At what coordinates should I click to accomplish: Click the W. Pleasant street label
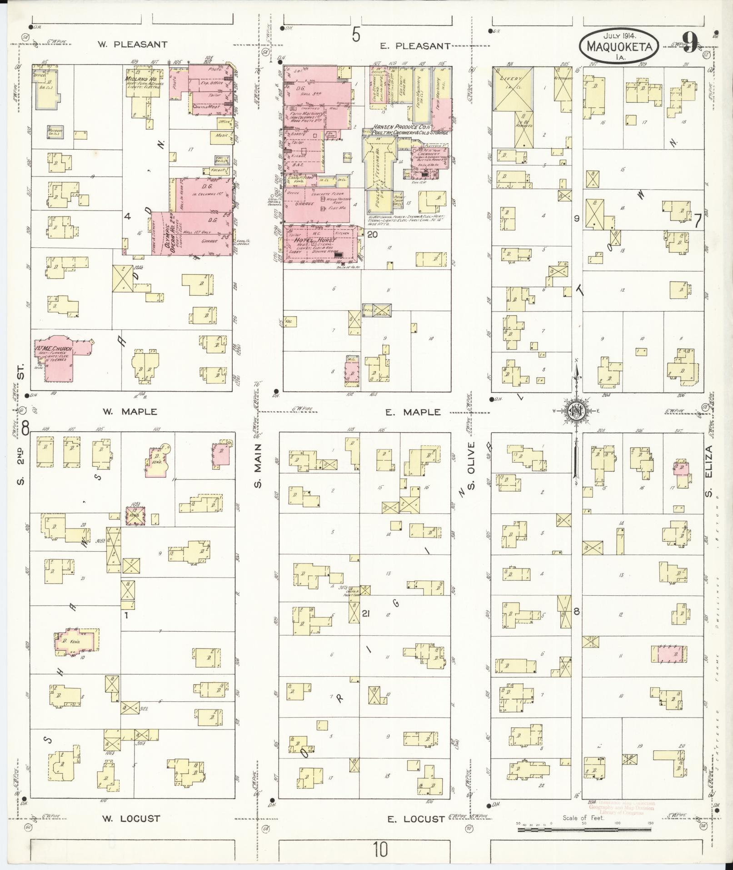click(132, 45)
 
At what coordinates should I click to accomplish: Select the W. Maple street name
click(130, 412)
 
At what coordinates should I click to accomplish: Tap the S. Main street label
click(257, 464)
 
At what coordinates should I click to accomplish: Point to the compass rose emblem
click(575, 412)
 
